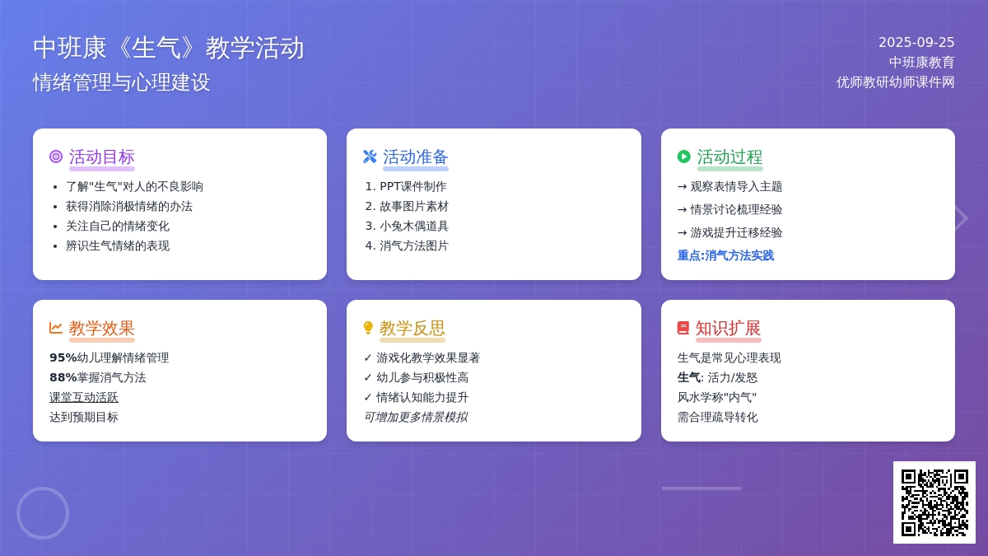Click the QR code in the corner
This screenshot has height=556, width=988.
pyautogui.click(x=934, y=502)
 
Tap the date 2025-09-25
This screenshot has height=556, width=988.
pyautogui.click(x=916, y=42)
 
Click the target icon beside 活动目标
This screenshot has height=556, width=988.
pyautogui.click(x=56, y=157)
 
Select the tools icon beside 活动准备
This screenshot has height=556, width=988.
pyautogui.click(x=370, y=157)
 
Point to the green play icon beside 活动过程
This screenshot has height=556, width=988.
pyautogui.click(x=683, y=157)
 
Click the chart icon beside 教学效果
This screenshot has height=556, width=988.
pyautogui.click(x=56, y=328)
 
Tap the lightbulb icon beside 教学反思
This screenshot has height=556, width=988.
pyautogui.click(x=368, y=328)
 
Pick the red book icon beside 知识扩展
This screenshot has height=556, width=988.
pyautogui.click(x=683, y=328)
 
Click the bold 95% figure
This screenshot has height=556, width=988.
pyautogui.click(x=63, y=357)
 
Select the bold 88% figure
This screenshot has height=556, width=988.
pyautogui.click(x=63, y=377)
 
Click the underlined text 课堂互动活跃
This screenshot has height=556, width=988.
pyautogui.click(x=84, y=397)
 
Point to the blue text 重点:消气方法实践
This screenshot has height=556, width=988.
pyautogui.click(x=725, y=255)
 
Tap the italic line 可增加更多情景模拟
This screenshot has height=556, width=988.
pyautogui.click(x=416, y=417)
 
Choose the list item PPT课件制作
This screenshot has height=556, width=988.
pyautogui.click(x=412, y=186)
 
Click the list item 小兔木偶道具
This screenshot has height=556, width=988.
pyautogui.click(x=413, y=226)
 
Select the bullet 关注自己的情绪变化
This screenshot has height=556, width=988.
pyautogui.click(x=117, y=226)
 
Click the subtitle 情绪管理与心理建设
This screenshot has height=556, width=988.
pyautogui.click(x=122, y=82)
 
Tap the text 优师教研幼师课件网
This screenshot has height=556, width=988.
pyautogui.click(x=896, y=82)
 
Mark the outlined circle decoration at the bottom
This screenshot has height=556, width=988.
pyautogui.click(x=43, y=488)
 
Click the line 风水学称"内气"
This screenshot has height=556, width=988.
pyautogui.click(x=717, y=397)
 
